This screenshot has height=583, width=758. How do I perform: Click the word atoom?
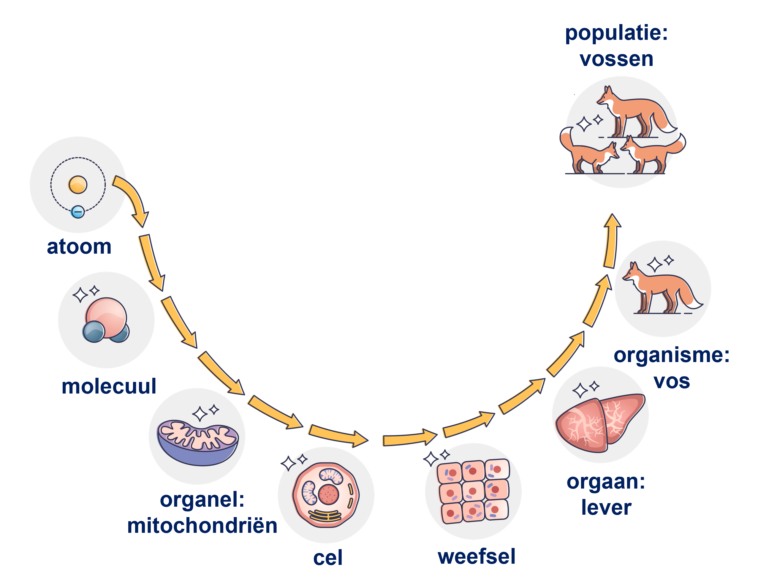[x=79, y=247]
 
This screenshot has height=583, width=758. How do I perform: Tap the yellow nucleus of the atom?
[x=77, y=185]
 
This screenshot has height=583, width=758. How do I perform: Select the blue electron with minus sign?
[x=77, y=211]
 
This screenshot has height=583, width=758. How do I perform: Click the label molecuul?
[x=109, y=386]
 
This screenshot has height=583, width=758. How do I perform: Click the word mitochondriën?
[x=202, y=526]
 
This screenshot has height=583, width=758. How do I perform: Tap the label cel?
[x=328, y=558]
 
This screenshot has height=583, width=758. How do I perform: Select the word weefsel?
[x=477, y=557]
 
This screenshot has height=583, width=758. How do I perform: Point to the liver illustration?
[x=599, y=422]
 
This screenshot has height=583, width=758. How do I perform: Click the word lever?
[x=606, y=507]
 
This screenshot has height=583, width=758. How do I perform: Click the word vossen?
[x=616, y=59]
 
